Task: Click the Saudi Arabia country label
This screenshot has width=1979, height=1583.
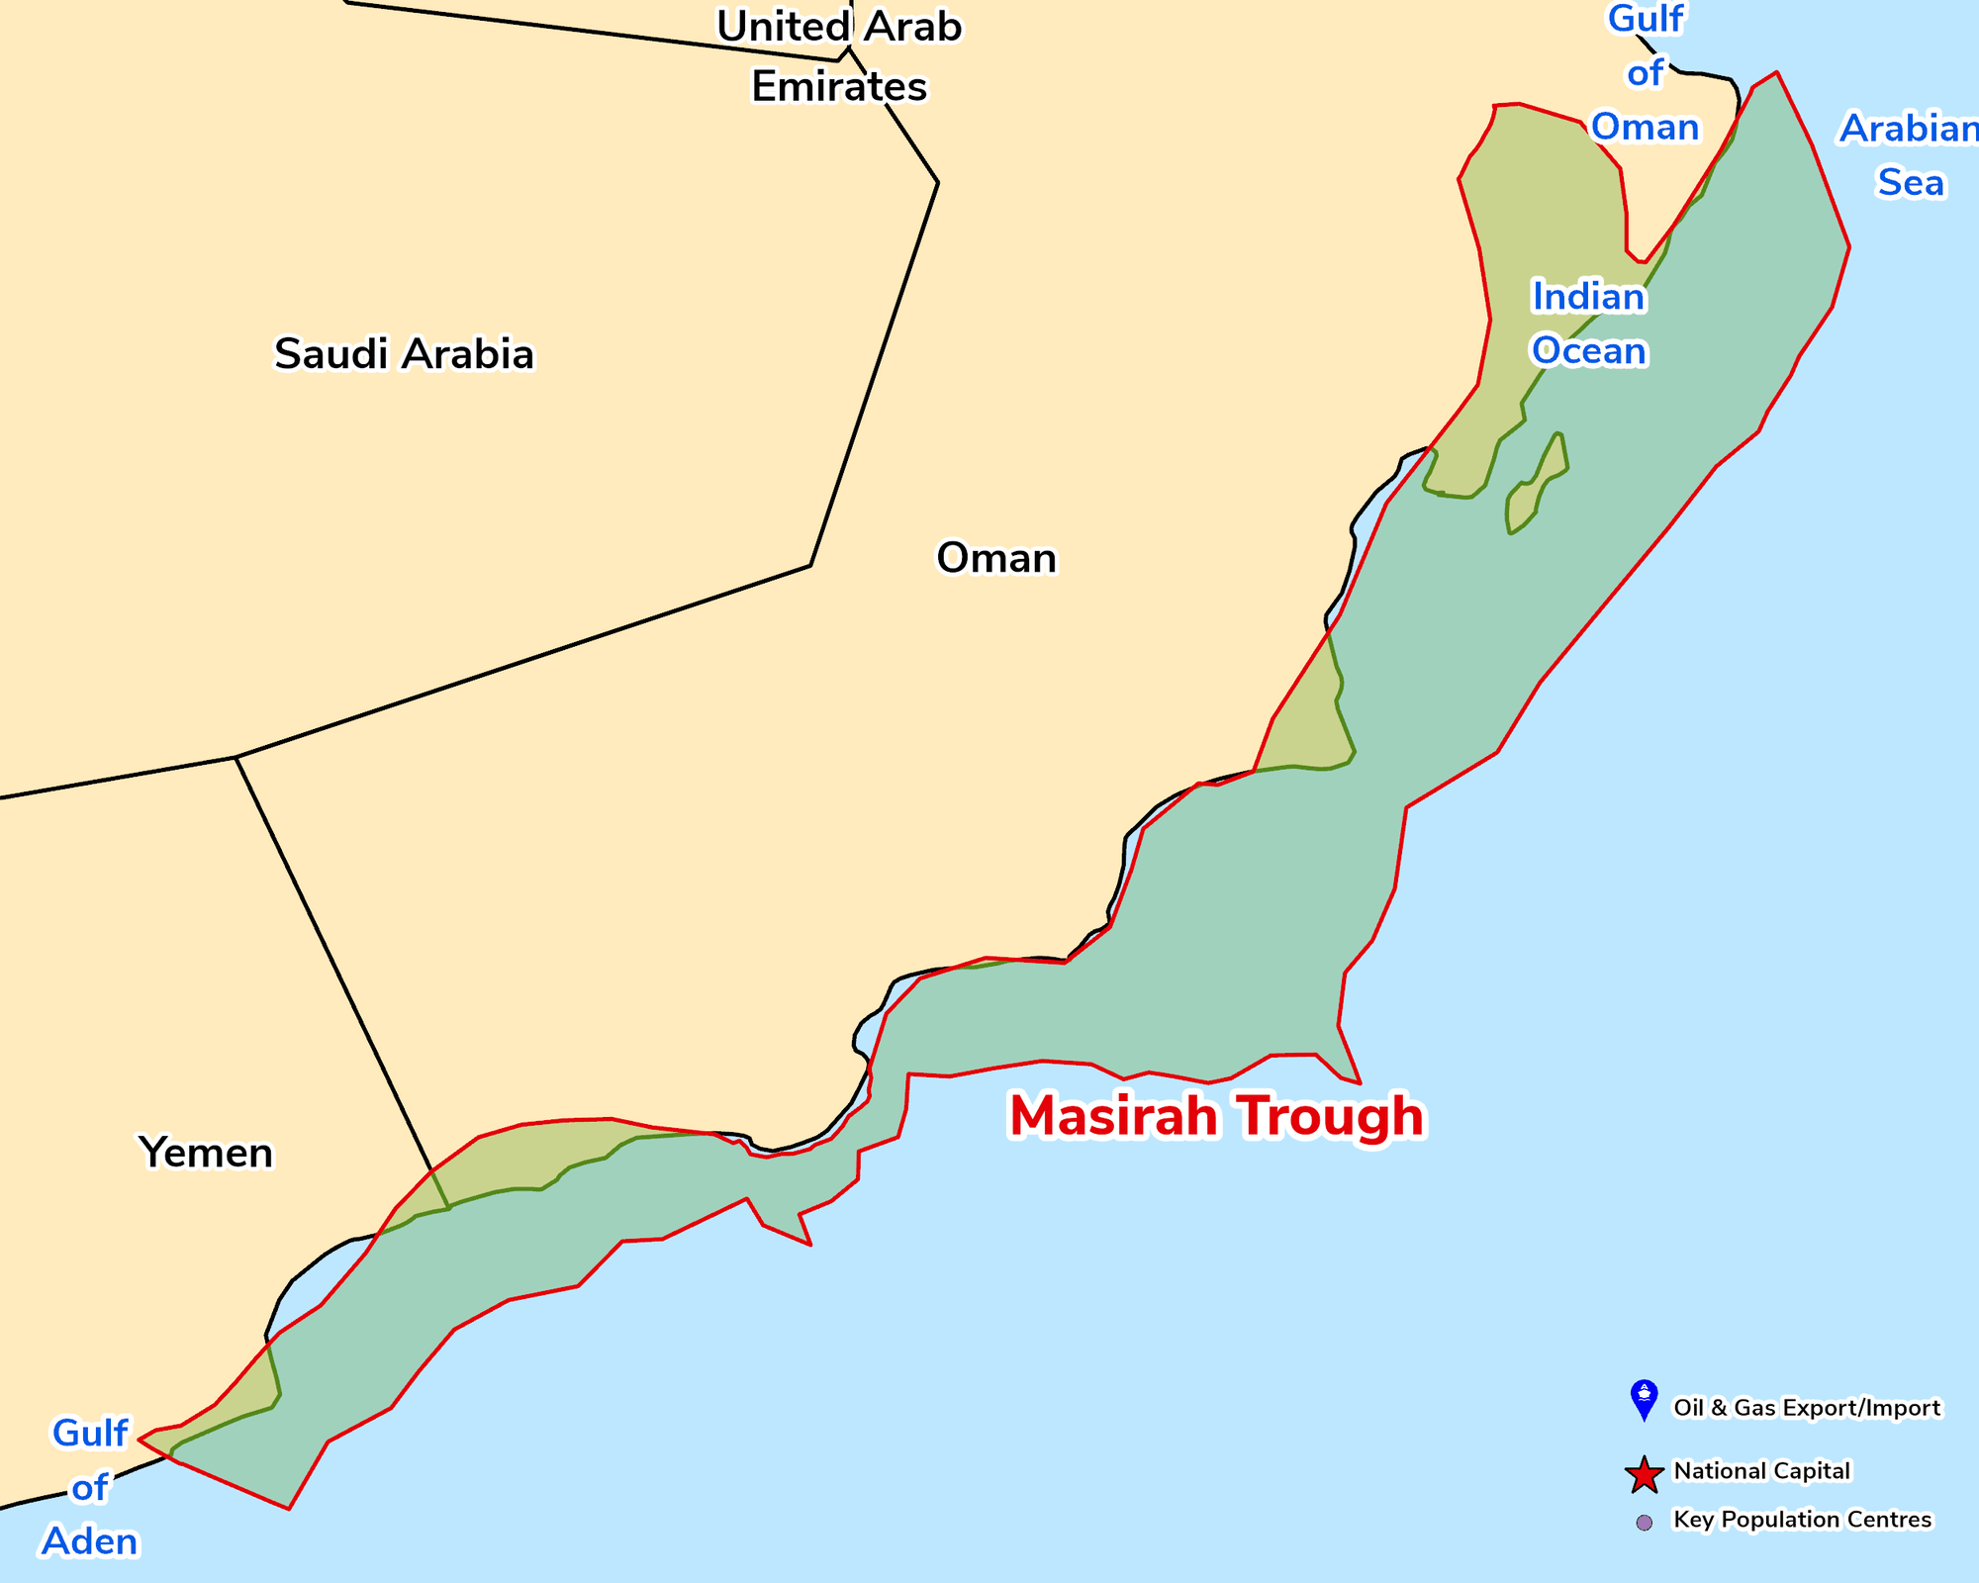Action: (x=404, y=354)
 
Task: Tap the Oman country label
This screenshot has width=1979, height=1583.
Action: (x=996, y=558)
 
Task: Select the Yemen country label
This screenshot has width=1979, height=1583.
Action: (x=206, y=1153)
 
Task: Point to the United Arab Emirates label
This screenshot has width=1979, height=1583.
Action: (x=839, y=56)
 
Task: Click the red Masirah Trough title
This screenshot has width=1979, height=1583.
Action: (x=1216, y=1116)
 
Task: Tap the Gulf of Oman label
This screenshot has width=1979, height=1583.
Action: (x=1645, y=73)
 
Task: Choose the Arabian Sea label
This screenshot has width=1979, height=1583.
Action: (x=1910, y=155)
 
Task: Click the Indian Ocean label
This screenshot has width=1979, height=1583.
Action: (x=1588, y=324)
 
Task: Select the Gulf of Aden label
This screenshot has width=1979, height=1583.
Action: (x=90, y=1487)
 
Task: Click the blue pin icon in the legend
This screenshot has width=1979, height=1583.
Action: (x=1644, y=1399)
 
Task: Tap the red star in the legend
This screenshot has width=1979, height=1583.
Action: (x=1644, y=1474)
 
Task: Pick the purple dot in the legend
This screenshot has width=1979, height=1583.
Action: (x=1644, y=1523)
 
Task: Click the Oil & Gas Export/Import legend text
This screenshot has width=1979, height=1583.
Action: (x=1806, y=1408)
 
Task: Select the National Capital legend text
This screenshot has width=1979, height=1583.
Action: (x=1761, y=1471)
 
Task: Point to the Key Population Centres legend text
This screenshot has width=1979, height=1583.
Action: (x=1802, y=1520)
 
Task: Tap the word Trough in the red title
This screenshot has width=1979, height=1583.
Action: (x=1332, y=1116)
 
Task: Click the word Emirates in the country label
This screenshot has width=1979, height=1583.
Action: (x=839, y=87)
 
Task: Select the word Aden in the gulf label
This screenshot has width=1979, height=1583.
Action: (x=90, y=1541)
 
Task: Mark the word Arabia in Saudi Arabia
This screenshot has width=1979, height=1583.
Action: (x=468, y=354)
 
